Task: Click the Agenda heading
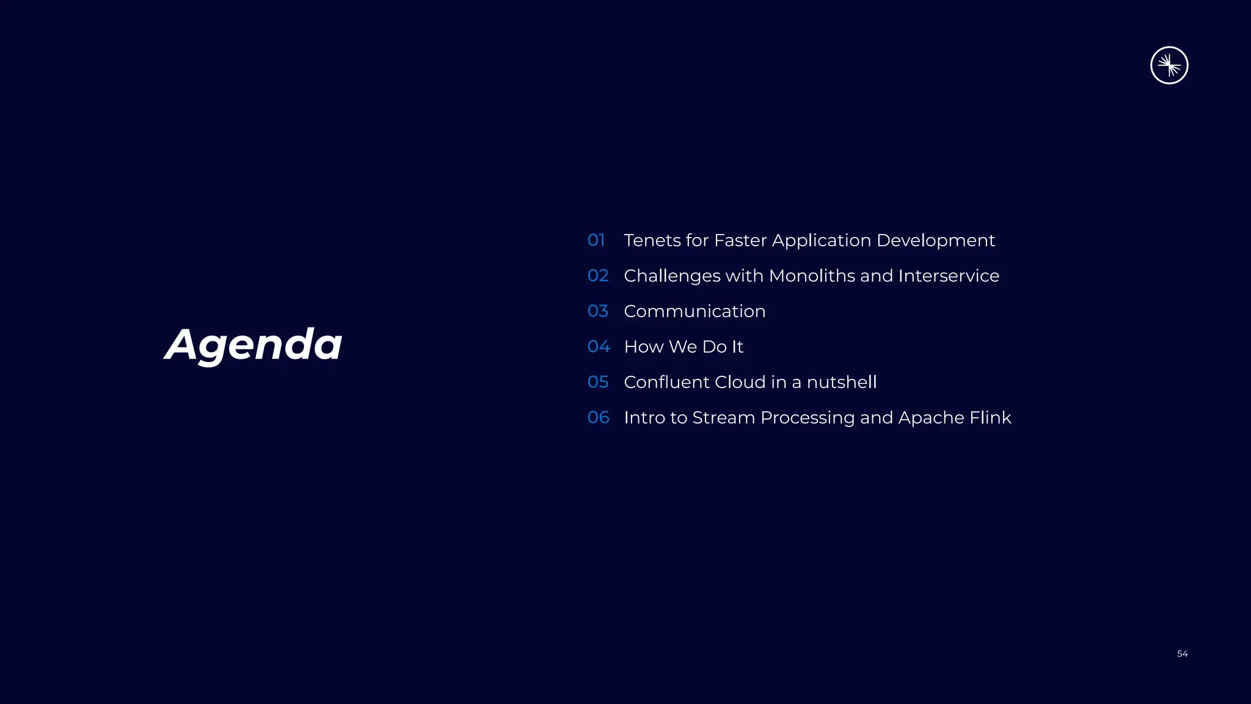253,345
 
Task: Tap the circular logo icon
1169,65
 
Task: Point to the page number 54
1182,654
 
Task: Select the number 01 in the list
596,240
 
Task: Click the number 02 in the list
598,276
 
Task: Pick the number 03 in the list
598,311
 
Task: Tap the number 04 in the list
599,346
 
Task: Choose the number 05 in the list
598,382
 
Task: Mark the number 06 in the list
598,417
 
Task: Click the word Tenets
652,240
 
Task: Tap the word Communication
695,311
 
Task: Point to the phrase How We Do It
684,346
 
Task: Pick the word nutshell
841,382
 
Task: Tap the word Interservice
949,276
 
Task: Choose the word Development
935,241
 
